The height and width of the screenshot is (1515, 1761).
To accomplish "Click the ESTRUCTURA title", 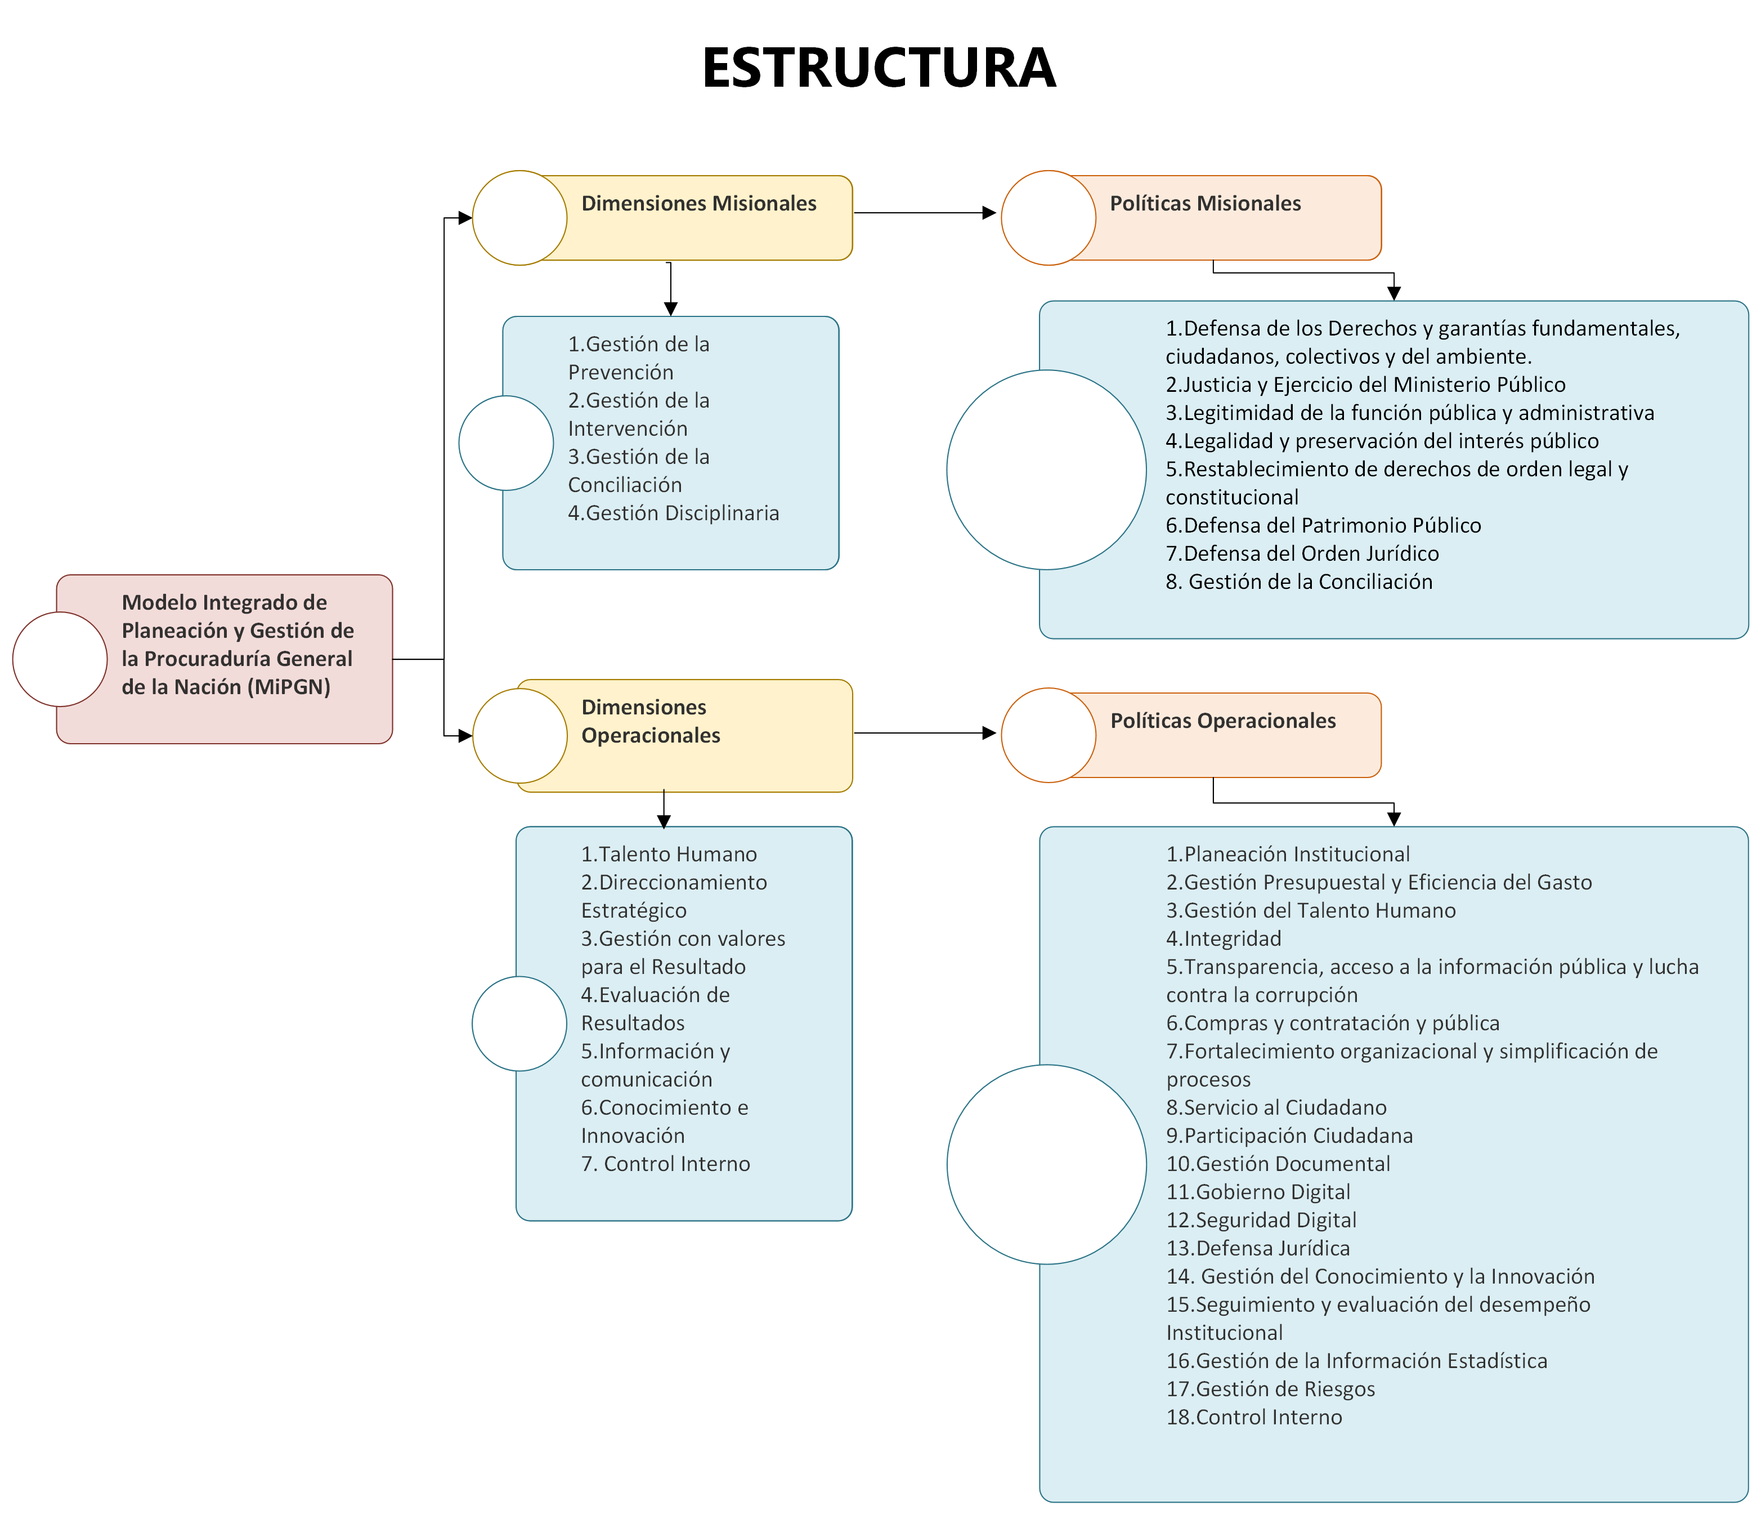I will [x=879, y=68].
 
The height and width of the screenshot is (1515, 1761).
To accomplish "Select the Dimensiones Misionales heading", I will [x=698, y=204].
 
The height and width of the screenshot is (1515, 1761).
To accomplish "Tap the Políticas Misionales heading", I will [x=1204, y=204].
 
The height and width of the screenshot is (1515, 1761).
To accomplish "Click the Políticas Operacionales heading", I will [x=1222, y=721].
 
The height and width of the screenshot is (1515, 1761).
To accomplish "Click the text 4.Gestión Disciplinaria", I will [x=673, y=513].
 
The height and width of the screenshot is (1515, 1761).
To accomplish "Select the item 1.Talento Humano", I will [x=668, y=855].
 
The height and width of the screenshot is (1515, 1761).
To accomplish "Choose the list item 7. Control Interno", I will [x=665, y=1164].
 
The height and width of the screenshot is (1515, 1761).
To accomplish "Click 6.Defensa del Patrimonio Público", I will [x=1323, y=525].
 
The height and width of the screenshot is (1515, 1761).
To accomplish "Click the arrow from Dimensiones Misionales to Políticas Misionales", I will [x=925, y=213].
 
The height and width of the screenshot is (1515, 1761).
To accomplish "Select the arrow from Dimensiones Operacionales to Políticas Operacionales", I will [x=925, y=733].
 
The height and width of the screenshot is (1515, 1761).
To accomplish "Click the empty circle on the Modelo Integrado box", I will [x=60, y=659].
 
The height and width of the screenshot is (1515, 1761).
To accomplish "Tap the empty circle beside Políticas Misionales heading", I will [x=1048, y=218].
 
